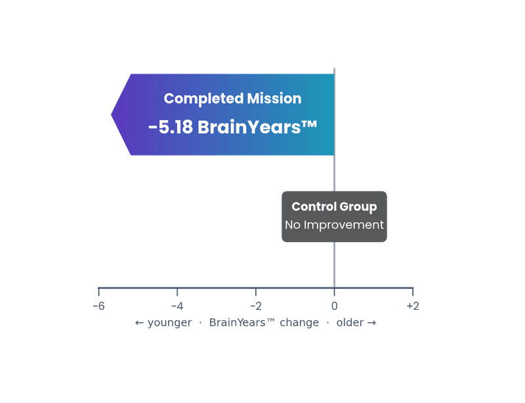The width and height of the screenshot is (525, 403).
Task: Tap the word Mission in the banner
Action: (x=274, y=98)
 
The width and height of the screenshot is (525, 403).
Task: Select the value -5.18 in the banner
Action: (x=171, y=127)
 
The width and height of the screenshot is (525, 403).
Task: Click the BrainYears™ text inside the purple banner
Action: (x=257, y=127)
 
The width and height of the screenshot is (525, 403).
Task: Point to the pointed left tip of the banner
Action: (x=113, y=114)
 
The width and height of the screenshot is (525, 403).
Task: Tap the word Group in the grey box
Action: (x=358, y=207)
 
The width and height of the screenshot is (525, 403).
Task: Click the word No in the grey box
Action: (x=293, y=224)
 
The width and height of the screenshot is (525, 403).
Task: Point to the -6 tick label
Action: (x=98, y=306)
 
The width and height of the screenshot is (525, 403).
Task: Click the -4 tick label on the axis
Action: (x=177, y=306)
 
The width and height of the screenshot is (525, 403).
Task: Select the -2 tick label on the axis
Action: (x=255, y=306)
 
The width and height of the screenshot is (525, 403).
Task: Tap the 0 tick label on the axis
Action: (x=334, y=306)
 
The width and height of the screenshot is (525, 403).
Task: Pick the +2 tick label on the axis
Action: (x=413, y=306)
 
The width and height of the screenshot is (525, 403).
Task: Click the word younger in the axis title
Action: (x=170, y=323)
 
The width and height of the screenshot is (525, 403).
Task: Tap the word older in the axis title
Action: (x=350, y=323)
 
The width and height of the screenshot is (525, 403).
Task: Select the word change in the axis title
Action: (x=299, y=323)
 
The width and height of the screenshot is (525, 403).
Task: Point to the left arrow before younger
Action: (x=139, y=323)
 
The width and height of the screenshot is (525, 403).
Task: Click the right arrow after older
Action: (x=371, y=323)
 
